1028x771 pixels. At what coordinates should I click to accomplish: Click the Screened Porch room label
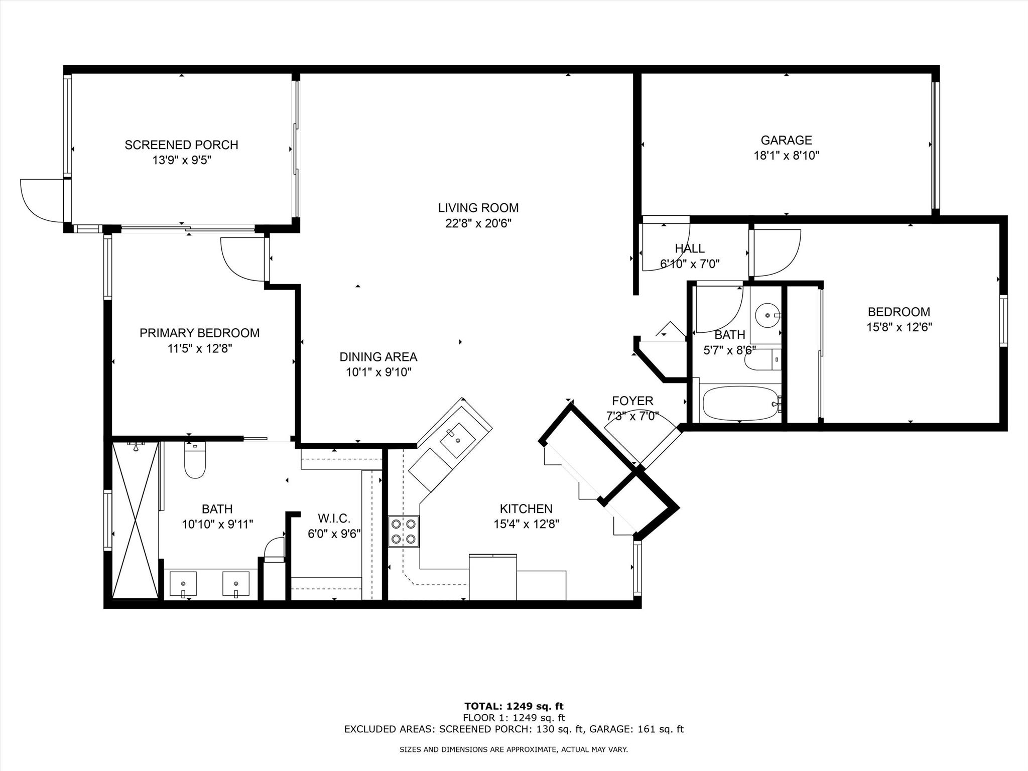pos(181,145)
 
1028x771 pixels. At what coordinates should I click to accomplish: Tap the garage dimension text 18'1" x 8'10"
pos(786,156)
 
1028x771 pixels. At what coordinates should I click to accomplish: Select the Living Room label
pos(478,208)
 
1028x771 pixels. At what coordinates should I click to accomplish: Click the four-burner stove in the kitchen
pos(404,532)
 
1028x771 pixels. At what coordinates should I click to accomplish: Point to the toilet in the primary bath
pos(195,461)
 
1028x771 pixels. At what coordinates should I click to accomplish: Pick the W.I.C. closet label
pos(334,518)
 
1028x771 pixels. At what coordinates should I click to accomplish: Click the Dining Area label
pos(378,357)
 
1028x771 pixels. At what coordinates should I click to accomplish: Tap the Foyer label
pos(632,401)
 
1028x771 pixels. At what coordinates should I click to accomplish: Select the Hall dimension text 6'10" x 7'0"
pos(689,264)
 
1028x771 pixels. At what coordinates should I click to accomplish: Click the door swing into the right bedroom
pos(776,253)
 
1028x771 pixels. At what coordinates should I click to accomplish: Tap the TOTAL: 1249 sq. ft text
pos(513,706)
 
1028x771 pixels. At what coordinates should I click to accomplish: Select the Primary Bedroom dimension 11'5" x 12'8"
pos(199,348)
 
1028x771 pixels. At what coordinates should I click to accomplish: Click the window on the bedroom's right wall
pos(1003,321)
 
